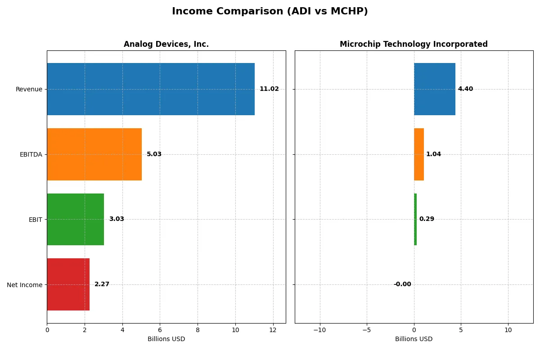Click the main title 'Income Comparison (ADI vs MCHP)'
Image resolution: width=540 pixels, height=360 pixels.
click(x=270, y=12)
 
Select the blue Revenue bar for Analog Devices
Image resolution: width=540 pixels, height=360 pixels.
click(x=151, y=89)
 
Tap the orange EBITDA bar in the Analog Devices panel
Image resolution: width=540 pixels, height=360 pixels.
click(x=94, y=154)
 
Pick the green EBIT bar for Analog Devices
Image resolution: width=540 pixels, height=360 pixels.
click(x=75, y=219)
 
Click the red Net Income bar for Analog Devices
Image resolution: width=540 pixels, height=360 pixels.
click(x=68, y=284)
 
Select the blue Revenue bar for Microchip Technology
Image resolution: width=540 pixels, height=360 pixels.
click(x=435, y=89)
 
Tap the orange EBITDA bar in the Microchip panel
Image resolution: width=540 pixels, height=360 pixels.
click(x=419, y=154)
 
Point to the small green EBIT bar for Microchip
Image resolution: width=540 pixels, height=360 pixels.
click(x=415, y=219)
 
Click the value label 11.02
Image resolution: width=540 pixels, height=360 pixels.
click(x=269, y=89)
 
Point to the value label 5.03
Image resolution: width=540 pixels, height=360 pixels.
click(x=154, y=154)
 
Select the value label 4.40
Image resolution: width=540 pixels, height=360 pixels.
click(x=465, y=89)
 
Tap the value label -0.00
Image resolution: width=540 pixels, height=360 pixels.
click(x=402, y=284)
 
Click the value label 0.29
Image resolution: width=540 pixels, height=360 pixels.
click(x=427, y=219)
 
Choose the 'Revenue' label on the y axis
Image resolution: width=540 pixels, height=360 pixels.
click(x=29, y=89)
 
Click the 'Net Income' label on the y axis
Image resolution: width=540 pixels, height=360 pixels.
click(x=25, y=284)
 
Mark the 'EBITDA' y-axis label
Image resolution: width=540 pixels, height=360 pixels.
click(x=31, y=154)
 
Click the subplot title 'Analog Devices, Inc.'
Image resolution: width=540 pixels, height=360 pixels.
click(x=166, y=45)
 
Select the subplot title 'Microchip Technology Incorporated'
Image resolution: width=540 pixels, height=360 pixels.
click(x=414, y=45)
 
